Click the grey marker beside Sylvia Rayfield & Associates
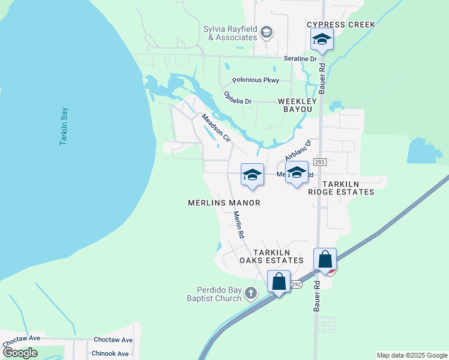(x=267, y=32)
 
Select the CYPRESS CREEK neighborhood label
(x=341, y=25)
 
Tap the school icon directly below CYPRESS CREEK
(x=321, y=40)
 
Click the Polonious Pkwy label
(x=256, y=80)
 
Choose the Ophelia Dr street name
(x=237, y=97)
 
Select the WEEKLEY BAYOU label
(x=295, y=106)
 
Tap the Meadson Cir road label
(x=215, y=127)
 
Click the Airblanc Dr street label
(x=298, y=149)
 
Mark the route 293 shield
(x=319, y=161)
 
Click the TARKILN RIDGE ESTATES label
(x=340, y=187)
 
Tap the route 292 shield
(x=295, y=284)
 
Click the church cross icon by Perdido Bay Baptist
(x=251, y=293)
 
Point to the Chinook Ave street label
(x=111, y=354)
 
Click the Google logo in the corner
(x=20, y=353)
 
